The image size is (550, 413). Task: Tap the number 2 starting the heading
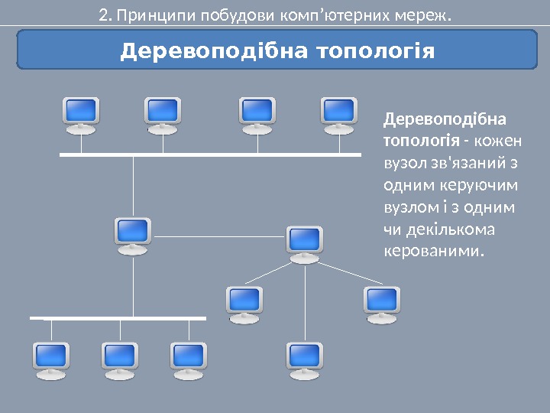[102, 14]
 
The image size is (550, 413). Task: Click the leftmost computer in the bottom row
[51, 359]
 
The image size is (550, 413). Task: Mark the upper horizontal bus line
[210, 154]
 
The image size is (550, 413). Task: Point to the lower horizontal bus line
[118, 317]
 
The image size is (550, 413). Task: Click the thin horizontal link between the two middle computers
[218, 236]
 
